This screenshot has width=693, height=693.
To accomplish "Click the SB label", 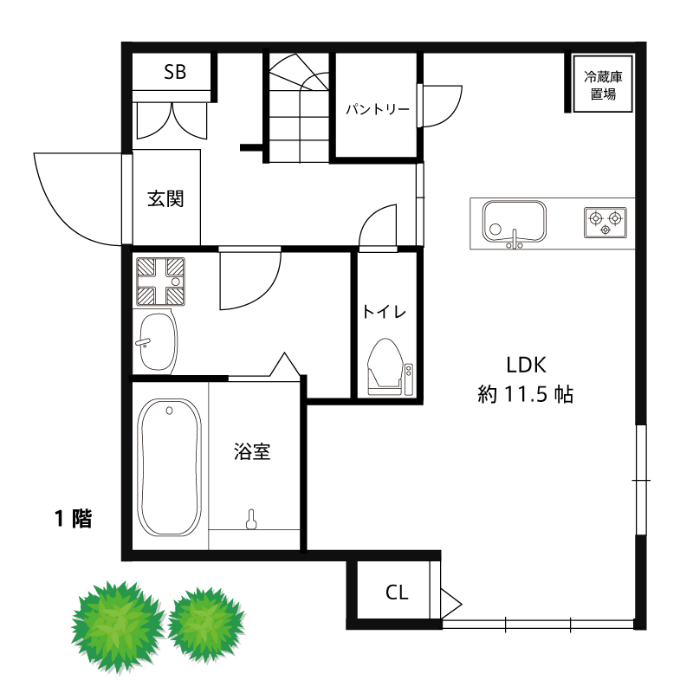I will coord(175,72).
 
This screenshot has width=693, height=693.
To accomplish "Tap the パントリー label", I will coord(378,110).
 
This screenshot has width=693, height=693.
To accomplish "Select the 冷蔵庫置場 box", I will coord(603,84).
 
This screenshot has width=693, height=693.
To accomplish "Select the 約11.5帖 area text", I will coord(525,395).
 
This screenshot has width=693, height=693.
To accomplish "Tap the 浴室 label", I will coord(252,451).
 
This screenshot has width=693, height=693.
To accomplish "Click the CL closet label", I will coord(397,593).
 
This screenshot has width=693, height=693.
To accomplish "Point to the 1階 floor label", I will coord(74,519).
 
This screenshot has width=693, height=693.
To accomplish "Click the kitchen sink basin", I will coord(514,222).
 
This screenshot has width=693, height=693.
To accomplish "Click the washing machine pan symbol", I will coord(160,282).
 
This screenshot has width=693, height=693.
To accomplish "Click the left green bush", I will coord(117,625).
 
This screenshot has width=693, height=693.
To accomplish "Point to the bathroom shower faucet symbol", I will coord(252,519).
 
